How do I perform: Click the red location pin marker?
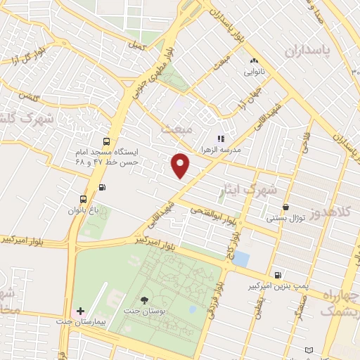pyautogui.click(x=181, y=165)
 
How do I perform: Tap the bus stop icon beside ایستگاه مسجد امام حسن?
pyautogui.click(x=106, y=141)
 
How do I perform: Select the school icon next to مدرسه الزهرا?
pyautogui.click(x=220, y=139)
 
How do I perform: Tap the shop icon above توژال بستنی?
pyautogui.click(x=285, y=207)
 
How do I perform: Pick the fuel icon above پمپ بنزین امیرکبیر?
pyautogui.click(x=279, y=275)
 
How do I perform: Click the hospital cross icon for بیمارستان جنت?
pyautogui.click(x=81, y=310)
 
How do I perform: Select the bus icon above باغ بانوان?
pyautogui.click(x=84, y=199)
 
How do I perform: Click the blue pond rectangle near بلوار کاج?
pyautogui.click(x=240, y=258)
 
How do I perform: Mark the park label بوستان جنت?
pyautogui.click(x=145, y=311)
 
